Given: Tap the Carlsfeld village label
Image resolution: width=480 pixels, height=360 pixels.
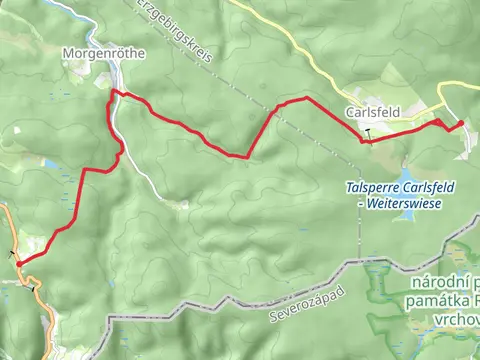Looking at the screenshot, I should click(x=368, y=113).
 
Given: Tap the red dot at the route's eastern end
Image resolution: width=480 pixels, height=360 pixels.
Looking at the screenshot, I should click(x=461, y=124).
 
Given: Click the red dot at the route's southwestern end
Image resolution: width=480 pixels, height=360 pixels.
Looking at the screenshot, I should click(x=19, y=263).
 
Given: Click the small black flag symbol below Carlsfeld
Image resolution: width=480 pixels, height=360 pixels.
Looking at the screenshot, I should click(x=367, y=132).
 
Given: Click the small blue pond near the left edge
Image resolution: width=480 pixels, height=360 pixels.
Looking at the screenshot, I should click(x=51, y=163).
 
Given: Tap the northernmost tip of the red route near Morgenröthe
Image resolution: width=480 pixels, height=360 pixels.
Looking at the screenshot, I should click(x=114, y=91).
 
